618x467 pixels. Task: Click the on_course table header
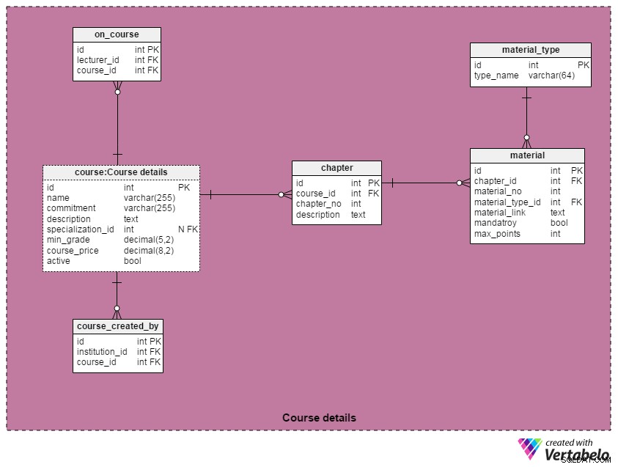(117, 34)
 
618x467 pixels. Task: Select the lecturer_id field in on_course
(98, 60)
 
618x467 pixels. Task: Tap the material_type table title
(531, 50)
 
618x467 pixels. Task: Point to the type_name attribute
(496, 76)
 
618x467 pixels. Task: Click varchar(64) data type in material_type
(551, 76)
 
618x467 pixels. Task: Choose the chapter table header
(336, 168)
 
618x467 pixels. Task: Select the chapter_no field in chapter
(318, 204)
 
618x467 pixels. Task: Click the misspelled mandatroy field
(495, 223)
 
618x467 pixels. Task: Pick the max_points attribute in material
(497, 234)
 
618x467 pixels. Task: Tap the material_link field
(500, 213)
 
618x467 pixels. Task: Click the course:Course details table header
(121, 172)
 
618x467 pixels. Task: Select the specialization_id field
(81, 229)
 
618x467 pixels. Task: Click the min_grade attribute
(68, 240)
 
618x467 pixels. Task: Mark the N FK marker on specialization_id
(188, 229)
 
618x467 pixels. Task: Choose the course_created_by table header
(118, 326)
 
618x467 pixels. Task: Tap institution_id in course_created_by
(102, 351)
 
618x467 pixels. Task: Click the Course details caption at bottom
(319, 418)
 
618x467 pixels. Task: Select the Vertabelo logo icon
(530, 449)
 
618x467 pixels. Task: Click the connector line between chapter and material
(426, 183)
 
